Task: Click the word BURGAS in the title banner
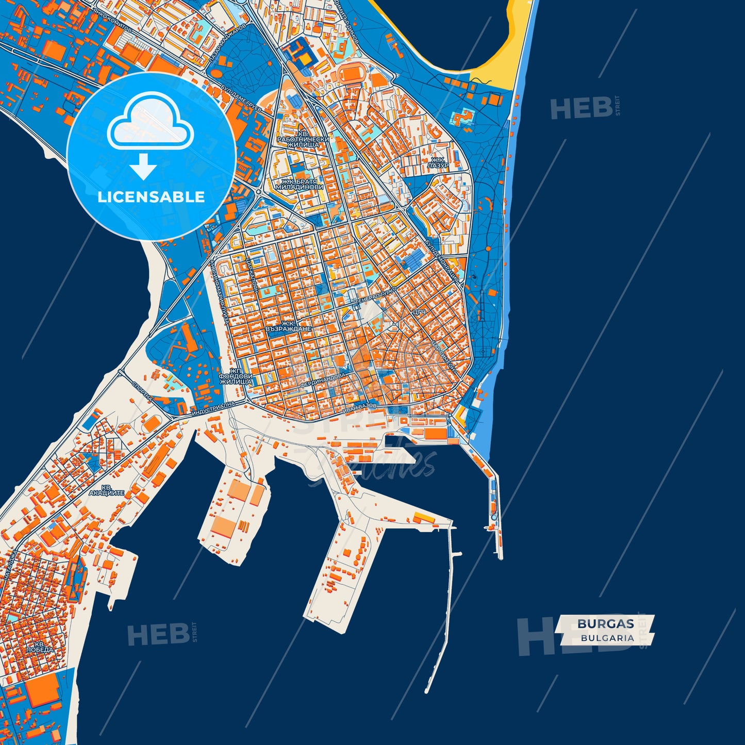[605, 623]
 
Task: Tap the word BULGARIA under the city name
[607, 638]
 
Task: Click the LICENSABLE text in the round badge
[151, 197]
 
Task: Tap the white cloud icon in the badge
[150, 122]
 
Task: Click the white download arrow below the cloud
[143, 166]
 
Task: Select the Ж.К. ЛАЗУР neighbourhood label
[437, 163]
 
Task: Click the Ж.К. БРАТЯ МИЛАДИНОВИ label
[302, 184]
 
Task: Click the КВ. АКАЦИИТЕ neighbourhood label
[106, 490]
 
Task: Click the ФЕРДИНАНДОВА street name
[325, 380]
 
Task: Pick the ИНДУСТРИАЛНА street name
[212, 410]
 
